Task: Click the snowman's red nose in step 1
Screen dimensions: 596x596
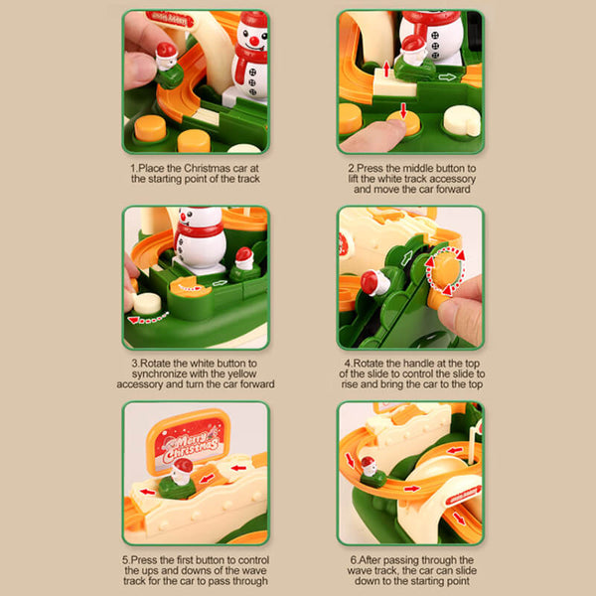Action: pyautogui.click(x=254, y=41)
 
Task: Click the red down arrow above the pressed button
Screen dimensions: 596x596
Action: pyautogui.click(x=403, y=110)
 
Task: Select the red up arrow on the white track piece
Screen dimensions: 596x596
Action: pyautogui.click(x=386, y=70)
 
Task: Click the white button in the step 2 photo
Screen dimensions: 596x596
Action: pyautogui.click(x=462, y=120)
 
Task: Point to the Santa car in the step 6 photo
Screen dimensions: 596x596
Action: pyautogui.click(x=372, y=473)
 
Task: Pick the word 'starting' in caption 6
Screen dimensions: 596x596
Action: pyautogui.click(x=427, y=581)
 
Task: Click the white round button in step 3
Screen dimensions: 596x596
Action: pyautogui.click(x=147, y=303)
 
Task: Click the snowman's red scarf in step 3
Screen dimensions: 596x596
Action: pyautogui.click(x=200, y=231)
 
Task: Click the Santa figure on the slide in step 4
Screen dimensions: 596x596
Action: pyautogui.click(x=374, y=283)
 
